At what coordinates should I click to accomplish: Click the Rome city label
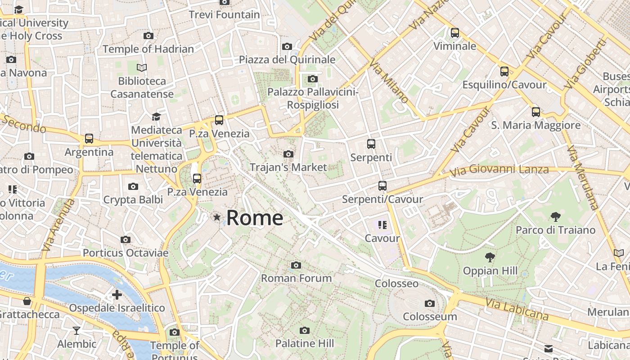pos(255,218)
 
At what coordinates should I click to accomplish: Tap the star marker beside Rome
pos(217,218)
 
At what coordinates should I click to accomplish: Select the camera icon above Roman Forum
pos(296,265)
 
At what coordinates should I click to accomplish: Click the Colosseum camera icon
pos(430,303)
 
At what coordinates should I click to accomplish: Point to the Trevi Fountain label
pos(224,14)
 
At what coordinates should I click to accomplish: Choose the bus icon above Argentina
pos(89,139)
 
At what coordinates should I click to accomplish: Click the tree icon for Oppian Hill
pos(490,257)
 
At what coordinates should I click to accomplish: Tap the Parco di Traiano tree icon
pos(555,217)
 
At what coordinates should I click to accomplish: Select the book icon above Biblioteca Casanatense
pos(142,68)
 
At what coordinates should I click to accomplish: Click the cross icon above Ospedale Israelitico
pos(117,295)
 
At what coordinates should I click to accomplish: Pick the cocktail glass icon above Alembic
pos(76,331)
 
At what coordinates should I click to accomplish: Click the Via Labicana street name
pos(517,309)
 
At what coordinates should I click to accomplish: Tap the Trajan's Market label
pos(288,167)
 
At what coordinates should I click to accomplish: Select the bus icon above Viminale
pos(455,33)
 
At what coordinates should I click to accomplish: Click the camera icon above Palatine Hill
pos(305,331)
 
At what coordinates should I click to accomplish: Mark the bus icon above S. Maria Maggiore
pos(536,112)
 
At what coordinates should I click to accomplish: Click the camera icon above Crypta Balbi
pos(133,186)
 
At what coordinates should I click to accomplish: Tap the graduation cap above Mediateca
pos(156,117)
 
